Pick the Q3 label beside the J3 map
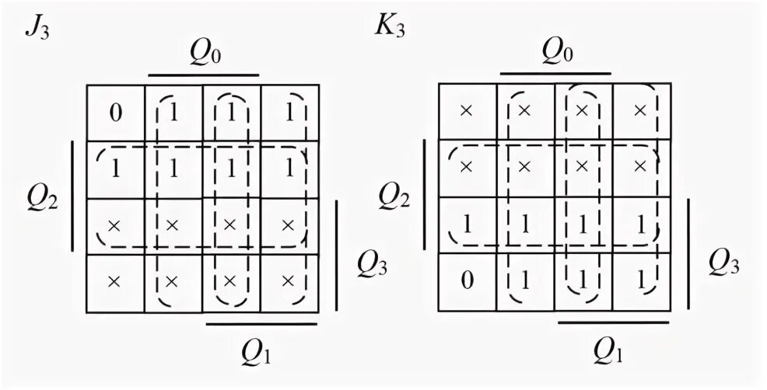tap(372, 265)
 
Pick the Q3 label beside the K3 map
tap(724, 265)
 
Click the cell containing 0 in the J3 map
tap(115, 113)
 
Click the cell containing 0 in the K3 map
tap(467, 280)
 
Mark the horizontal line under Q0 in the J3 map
tap(203, 75)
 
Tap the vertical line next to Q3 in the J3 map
tap(337, 256)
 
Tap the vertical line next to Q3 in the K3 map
tap(688, 256)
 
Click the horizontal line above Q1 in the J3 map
tap(261, 322)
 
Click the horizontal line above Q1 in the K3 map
tap(614, 322)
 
